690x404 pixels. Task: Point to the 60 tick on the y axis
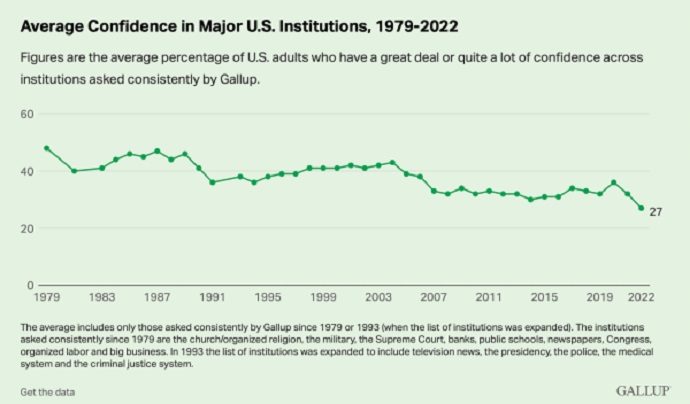(x=27, y=114)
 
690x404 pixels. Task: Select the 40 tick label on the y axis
(x=27, y=171)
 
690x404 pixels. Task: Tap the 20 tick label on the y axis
(x=27, y=228)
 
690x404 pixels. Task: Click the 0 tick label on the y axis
(x=31, y=285)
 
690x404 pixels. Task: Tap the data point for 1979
(x=47, y=148)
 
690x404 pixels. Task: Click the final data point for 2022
(x=641, y=208)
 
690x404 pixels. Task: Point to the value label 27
(x=656, y=212)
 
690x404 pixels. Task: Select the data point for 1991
(x=212, y=182)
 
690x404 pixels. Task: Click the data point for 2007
(x=433, y=191)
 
